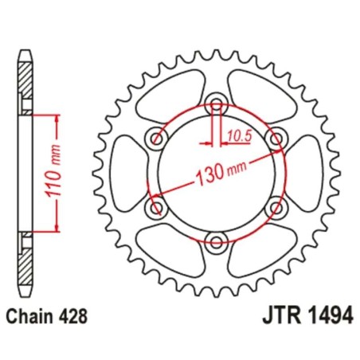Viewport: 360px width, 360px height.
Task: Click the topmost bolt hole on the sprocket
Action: (x=216, y=102)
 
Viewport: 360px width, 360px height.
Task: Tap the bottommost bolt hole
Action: (x=216, y=243)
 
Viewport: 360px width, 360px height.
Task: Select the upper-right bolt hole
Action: (x=276, y=138)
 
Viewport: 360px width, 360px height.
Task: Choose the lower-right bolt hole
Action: (x=276, y=208)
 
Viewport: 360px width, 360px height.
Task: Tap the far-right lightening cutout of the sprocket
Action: (x=304, y=173)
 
